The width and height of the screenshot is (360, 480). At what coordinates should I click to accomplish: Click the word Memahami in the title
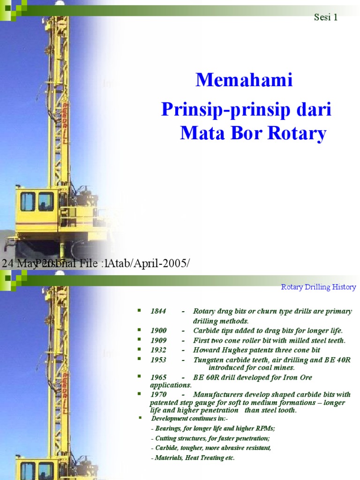pyautogui.click(x=244, y=81)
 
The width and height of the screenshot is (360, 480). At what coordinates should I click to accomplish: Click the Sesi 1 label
pyautogui.click(x=325, y=18)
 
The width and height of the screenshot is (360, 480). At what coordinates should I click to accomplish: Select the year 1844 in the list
pyautogui.click(x=158, y=312)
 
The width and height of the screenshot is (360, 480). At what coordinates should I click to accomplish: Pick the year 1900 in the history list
pyautogui.click(x=158, y=330)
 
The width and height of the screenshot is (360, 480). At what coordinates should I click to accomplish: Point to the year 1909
pyautogui.click(x=158, y=341)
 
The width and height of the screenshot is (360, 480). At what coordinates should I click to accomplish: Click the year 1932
pyautogui.click(x=158, y=350)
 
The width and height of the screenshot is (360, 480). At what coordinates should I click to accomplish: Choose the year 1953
pyautogui.click(x=158, y=360)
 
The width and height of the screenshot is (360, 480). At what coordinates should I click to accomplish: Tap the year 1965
pyautogui.click(x=158, y=377)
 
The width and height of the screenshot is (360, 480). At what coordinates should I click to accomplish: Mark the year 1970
pyautogui.click(x=158, y=395)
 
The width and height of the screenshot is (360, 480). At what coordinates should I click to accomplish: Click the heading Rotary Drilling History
pyautogui.click(x=318, y=287)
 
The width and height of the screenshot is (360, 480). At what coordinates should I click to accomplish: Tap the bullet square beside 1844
pyautogui.click(x=139, y=310)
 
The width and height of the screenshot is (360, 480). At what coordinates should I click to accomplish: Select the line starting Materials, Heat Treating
pyautogui.click(x=193, y=458)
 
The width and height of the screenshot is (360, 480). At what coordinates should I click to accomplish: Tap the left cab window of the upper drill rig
pyautogui.click(x=27, y=202)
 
